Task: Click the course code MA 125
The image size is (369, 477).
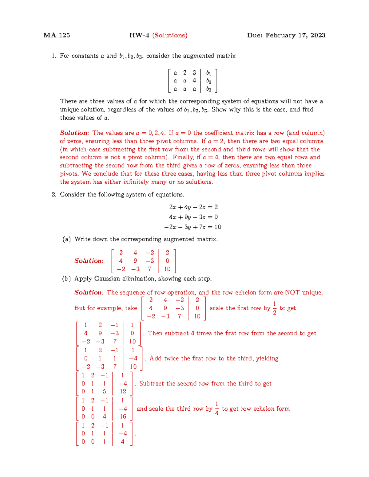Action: pyautogui.click(x=57, y=35)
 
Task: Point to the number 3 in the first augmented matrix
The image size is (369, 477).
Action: pyautogui.click(x=194, y=73)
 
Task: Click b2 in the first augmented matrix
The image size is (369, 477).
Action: pyautogui.click(x=209, y=81)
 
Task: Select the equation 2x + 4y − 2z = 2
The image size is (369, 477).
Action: pyautogui.click(x=193, y=207)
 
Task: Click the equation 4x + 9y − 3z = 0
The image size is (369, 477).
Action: pyautogui.click(x=193, y=217)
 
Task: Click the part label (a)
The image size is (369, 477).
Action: pyautogui.click(x=66, y=239)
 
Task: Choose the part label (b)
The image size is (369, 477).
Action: pyautogui.click(x=66, y=279)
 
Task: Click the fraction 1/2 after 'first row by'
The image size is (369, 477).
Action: pyautogui.click(x=275, y=308)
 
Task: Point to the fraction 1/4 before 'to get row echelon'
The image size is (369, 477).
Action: pyautogui.click(x=217, y=409)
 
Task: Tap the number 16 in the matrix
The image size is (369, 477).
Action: pyautogui.click(x=123, y=416)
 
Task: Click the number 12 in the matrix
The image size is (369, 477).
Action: pyautogui.click(x=123, y=391)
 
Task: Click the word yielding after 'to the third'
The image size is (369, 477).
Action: pyautogui.click(x=267, y=358)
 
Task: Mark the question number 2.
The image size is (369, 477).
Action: pyautogui.click(x=54, y=195)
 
